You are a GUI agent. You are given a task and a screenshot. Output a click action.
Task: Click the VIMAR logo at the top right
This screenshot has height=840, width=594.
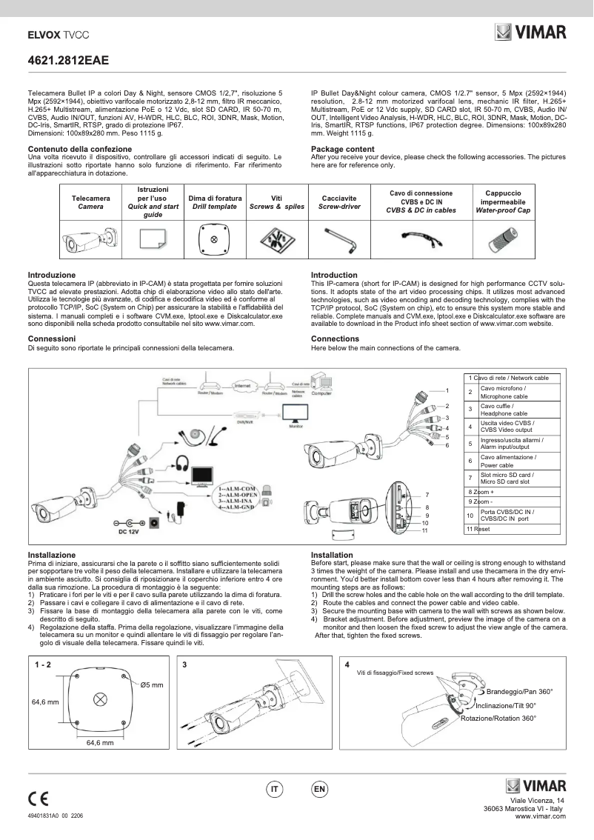[x=530, y=32]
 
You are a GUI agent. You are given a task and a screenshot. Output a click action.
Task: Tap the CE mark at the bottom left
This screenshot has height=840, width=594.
[x=39, y=799]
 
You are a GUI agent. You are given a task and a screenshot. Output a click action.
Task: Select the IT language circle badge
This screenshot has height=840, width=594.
[x=273, y=790]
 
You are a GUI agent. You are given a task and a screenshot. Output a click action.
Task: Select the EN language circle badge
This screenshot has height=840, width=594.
[x=320, y=790]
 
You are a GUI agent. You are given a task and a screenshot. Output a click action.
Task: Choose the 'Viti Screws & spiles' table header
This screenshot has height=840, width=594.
[x=277, y=203]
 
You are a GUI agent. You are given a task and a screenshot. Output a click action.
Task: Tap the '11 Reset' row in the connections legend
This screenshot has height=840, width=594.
[x=478, y=529]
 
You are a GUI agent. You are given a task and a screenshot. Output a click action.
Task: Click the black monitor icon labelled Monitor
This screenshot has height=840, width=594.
[x=295, y=412]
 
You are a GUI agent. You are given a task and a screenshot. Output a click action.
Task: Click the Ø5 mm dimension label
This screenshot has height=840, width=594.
[x=152, y=684]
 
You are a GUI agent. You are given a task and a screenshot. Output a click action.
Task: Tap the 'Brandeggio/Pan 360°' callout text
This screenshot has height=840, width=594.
[x=520, y=691]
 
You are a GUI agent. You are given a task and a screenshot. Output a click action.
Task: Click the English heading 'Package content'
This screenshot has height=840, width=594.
[x=342, y=149]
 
